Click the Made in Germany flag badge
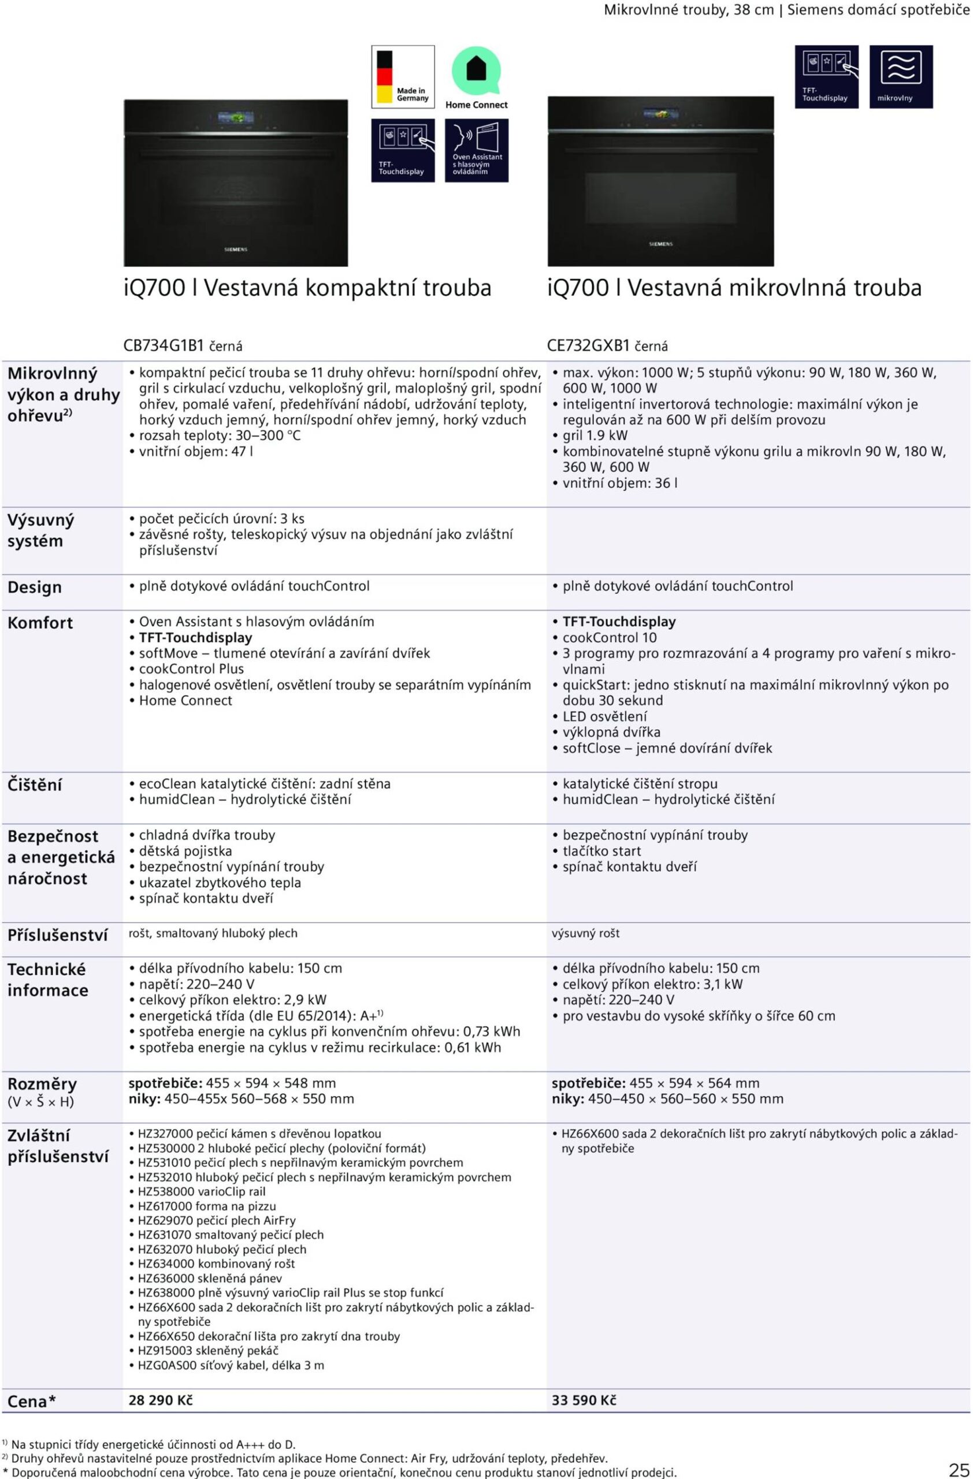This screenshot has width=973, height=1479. tap(403, 76)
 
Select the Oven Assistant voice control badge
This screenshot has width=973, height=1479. tap(477, 150)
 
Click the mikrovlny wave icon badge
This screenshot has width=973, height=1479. tap(900, 76)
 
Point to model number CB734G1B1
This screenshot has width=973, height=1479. tap(164, 345)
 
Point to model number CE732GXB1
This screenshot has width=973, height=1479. tap(588, 345)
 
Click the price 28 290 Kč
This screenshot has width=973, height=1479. tap(160, 1399)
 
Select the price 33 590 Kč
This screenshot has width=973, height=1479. tap(584, 1399)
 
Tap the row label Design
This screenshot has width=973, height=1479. tap(35, 587)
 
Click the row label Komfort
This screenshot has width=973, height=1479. tap(40, 623)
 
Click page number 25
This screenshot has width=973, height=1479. tap(958, 1469)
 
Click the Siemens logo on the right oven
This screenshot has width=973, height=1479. tap(660, 244)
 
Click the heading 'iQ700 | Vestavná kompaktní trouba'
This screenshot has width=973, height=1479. tap(307, 288)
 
